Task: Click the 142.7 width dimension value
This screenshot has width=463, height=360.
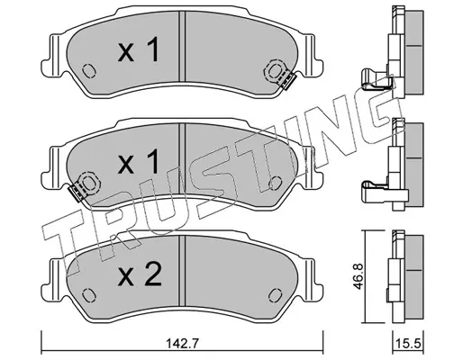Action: (x=182, y=344)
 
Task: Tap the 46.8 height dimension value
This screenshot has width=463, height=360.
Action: (x=359, y=276)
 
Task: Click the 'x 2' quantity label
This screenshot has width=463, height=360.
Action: (x=140, y=274)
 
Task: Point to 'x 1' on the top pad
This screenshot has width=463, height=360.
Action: (x=138, y=50)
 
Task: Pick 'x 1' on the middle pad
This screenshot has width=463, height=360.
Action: (x=138, y=162)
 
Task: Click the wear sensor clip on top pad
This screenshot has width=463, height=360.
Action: (x=288, y=81)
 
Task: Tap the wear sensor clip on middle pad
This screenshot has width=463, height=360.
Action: (x=77, y=193)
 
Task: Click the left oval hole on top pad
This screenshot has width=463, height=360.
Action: (x=89, y=71)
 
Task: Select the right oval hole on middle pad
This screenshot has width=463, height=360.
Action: (x=276, y=183)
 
